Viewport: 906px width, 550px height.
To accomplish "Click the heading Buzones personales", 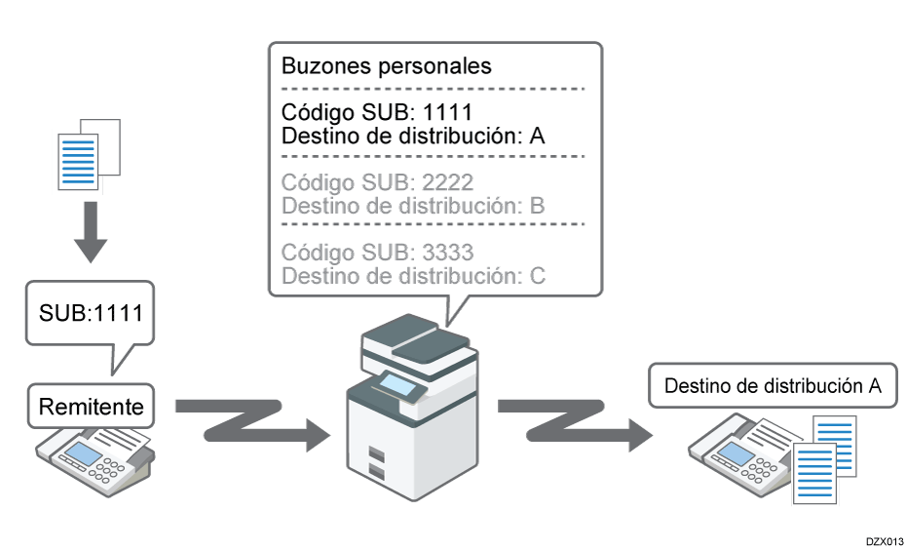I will pos(386,66).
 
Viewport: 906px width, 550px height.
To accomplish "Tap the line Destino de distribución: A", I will pos(412,135).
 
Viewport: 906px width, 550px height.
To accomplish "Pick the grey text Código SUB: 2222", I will pos(378,182).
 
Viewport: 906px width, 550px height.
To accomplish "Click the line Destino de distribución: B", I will pos(412,206).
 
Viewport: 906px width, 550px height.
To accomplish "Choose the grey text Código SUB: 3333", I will pos(378,252).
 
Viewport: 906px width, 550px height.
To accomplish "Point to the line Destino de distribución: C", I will pos(412,275).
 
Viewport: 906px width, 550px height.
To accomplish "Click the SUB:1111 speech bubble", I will pos(90,315).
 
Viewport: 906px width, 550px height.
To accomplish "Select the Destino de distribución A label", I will pos(773,385).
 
